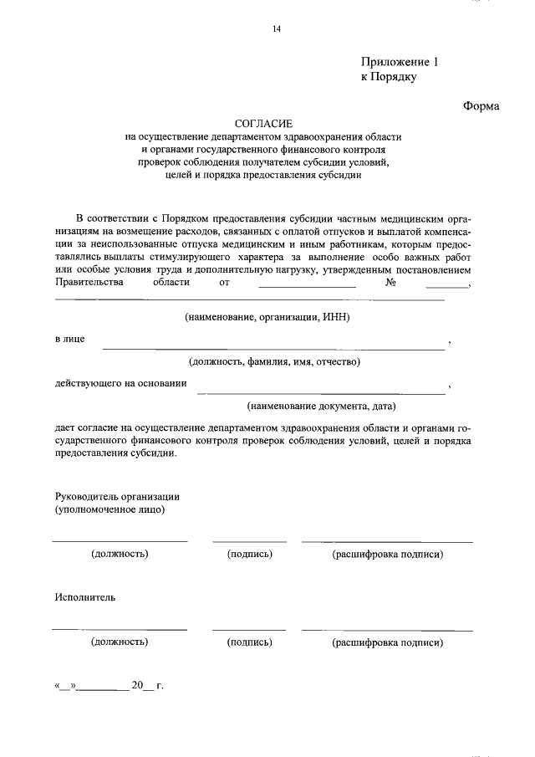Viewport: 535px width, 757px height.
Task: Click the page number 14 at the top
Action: tap(276, 29)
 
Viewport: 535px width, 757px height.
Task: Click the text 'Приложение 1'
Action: tap(399, 62)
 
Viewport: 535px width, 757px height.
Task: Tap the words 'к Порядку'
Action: tap(388, 77)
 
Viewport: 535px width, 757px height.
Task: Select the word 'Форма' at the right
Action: tap(481, 106)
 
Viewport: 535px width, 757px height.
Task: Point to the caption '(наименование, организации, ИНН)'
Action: tap(267, 318)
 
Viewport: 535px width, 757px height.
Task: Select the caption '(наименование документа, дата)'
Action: tap(320, 407)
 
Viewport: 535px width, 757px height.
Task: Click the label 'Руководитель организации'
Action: tap(118, 496)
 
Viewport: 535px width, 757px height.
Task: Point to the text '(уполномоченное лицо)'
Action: tap(110, 509)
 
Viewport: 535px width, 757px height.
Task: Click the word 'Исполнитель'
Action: tap(85, 598)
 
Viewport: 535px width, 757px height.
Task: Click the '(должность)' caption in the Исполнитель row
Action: tap(120, 642)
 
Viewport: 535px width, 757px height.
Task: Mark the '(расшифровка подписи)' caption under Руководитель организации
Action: tap(387, 554)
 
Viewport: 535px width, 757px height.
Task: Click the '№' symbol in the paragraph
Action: tap(390, 283)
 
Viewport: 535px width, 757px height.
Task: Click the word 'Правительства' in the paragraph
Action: tap(89, 283)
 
